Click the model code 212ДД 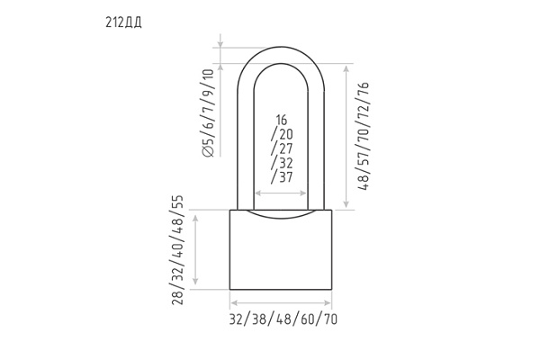(123, 22)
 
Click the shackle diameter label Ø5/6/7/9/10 (209, 113)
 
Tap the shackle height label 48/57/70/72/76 (364, 136)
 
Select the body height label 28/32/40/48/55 (178, 250)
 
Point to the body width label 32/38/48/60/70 (283, 319)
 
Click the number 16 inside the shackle (282, 120)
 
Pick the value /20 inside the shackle (282, 134)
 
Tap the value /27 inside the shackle (282, 148)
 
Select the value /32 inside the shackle (282, 163)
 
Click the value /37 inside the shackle (282, 177)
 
